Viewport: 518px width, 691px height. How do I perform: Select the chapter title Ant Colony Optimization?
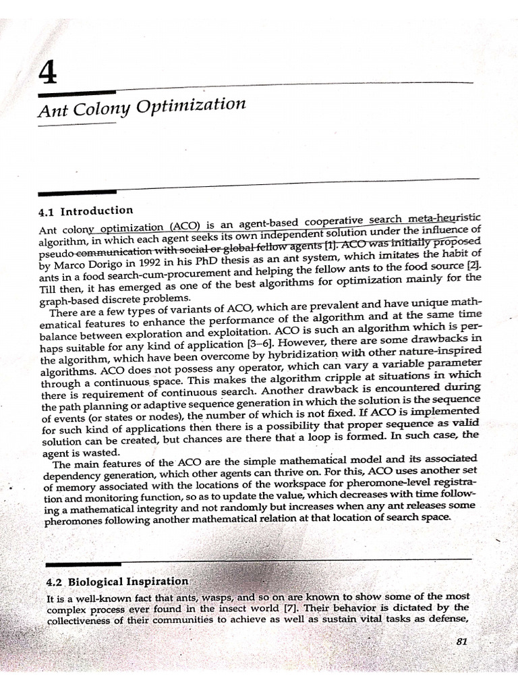[x=141, y=109]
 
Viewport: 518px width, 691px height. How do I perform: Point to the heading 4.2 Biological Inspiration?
[x=115, y=581]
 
